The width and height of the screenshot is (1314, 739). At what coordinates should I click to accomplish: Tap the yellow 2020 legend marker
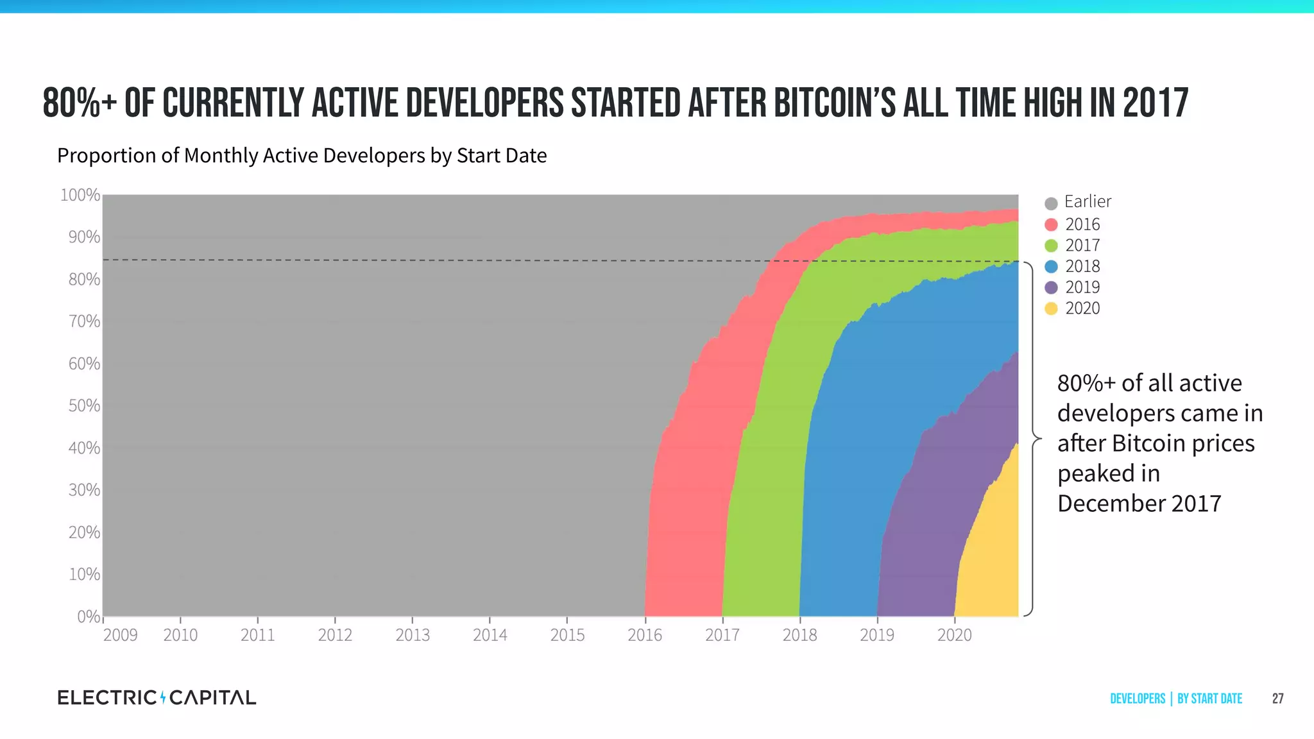pyautogui.click(x=1051, y=309)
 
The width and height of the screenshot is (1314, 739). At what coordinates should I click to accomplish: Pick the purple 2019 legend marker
pyautogui.click(x=1051, y=287)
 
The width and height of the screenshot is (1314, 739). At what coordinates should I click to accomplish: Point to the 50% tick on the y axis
pyautogui.click(x=84, y=406)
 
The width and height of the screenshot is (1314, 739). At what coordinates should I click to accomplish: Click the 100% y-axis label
pyautogui.click(x=80, y=195)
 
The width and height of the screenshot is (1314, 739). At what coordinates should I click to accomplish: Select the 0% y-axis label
pyautogui.click(x=88, y=616)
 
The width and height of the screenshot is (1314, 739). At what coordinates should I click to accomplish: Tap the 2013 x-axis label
pyautogui.click(x=413, y=635)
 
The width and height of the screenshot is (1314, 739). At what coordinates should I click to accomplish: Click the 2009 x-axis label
pyautogui.click(x=120, y=635)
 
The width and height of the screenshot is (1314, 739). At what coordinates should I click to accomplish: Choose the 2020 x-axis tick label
pyautogui.click(x=954, y=635)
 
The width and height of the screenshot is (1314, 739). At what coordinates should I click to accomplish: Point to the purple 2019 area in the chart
pyautogui.click(x=930, y=513)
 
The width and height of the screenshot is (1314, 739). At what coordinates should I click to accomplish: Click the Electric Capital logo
pyautogui.click(x=157, y=697)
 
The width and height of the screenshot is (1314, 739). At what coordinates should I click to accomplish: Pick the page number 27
pyautogui.click(x=1277, y=699)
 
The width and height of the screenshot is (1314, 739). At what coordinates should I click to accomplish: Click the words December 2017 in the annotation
pyautogui.click(x=1139, y=504)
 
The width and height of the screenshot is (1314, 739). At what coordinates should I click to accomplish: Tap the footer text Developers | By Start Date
pyautogui.click(x=1175, y=699)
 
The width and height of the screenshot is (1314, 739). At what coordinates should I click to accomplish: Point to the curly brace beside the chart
pyautogui.click(x=1033, y=439)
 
